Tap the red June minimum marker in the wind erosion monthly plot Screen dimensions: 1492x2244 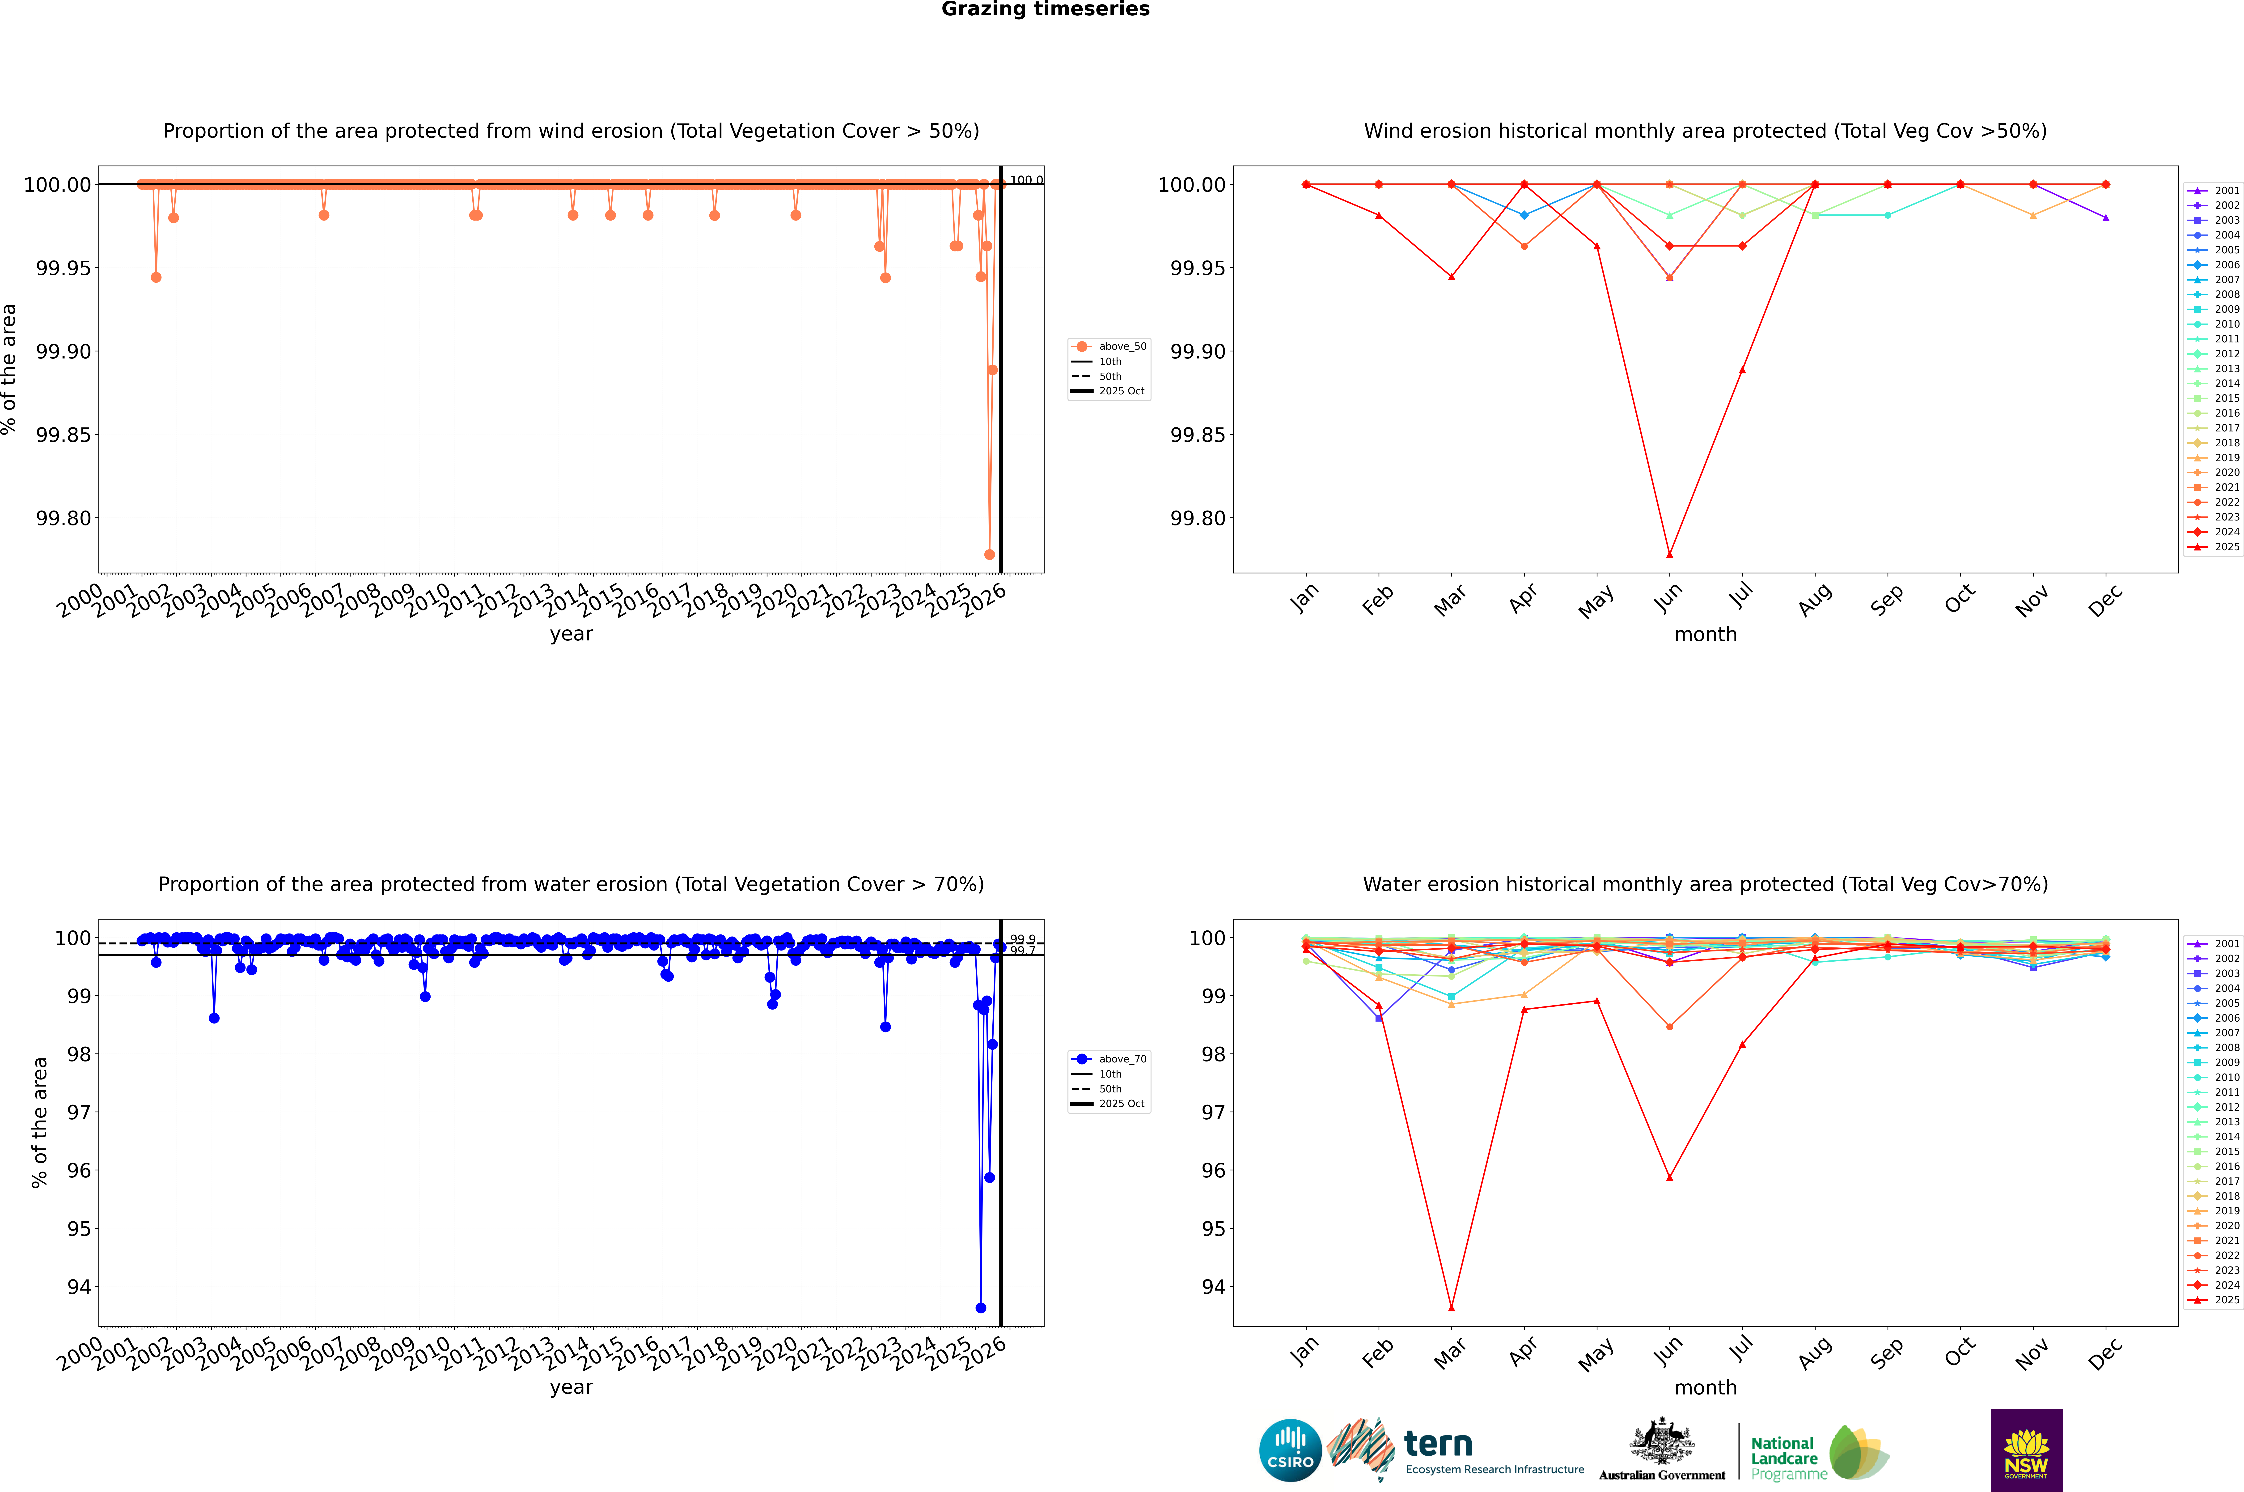tap(1669, 555)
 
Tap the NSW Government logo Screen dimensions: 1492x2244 tap(2026, 1450)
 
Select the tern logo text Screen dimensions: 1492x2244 tap(1438, 1445)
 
